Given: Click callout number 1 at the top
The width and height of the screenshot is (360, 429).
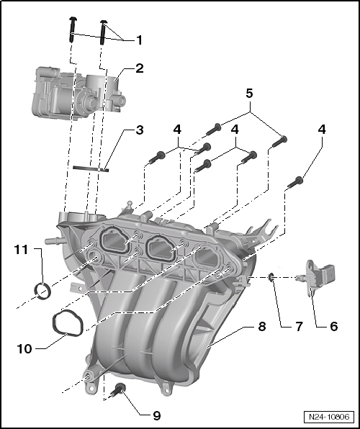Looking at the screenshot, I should [x=138, y=40].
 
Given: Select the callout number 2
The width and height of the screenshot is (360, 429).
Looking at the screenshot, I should [x=138, y=69].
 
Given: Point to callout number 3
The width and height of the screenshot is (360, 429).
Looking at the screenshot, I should [x=138, y=131].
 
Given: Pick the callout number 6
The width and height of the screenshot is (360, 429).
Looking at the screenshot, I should [x=333, y=326].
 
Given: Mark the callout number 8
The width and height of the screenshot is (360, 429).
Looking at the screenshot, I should [x=261, y=326].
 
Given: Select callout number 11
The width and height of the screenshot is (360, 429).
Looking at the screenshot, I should [x=22, y=250].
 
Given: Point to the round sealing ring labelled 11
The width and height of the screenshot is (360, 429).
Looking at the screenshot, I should [x=43, y=292].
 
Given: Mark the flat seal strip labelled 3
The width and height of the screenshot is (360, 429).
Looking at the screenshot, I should [x=90, y=168].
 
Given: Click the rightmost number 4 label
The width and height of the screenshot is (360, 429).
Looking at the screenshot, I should [x=321, y=130].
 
